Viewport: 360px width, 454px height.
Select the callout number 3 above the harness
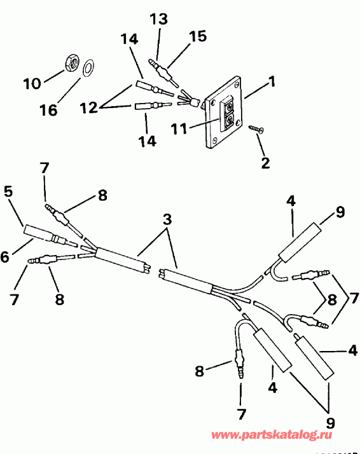167,220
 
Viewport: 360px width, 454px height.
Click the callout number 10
32,83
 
